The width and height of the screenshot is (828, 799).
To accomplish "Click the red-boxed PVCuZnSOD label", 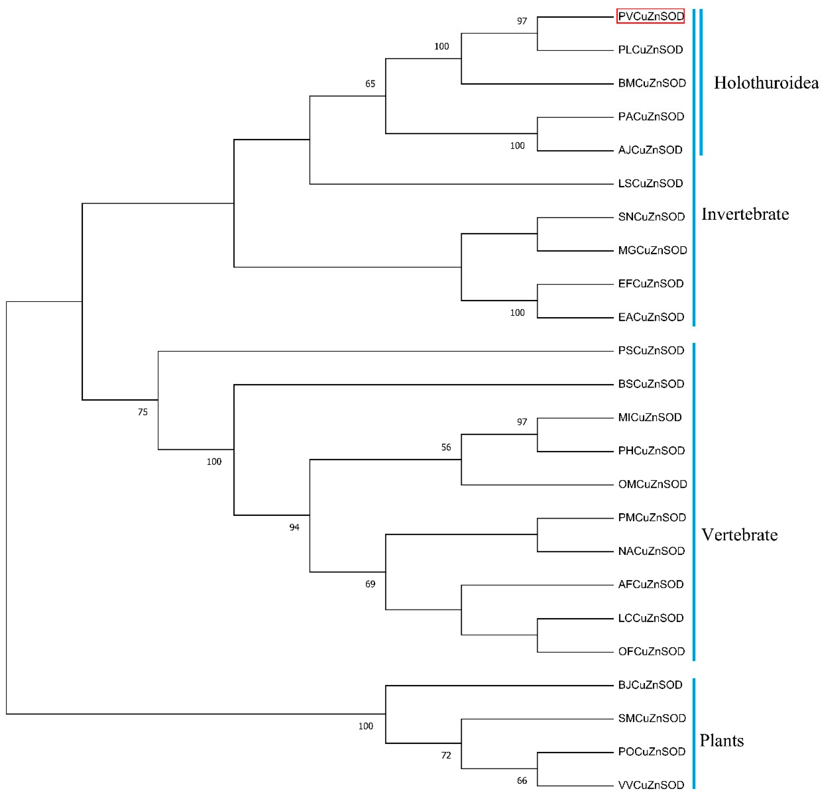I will [x=650, y=17].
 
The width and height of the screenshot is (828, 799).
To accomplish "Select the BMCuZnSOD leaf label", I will [x=652, y=83].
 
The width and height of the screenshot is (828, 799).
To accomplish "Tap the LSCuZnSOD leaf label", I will [x=651, y=183].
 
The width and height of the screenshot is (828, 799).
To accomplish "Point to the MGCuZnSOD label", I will [x=652, y=251].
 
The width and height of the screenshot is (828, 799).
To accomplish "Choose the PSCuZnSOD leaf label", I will [x=651, y=351].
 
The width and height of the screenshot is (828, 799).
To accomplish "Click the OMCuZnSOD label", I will [x=652, y=484].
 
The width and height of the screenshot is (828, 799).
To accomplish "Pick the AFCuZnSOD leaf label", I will [x=651, y=584].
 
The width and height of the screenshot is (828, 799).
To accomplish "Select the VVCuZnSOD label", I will [x=651, y=785].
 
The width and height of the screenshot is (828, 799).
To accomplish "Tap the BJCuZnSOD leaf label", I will [x=650, y=685].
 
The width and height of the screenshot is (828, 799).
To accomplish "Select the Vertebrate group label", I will [x=739, y=535].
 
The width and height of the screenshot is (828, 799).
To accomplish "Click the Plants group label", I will [x=722, y=741].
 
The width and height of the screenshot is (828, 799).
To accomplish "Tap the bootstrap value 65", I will [x=370, y=84].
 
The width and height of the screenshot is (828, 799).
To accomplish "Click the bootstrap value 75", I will [x=143, y=412].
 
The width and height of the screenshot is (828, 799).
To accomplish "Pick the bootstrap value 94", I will [x=294, y=527].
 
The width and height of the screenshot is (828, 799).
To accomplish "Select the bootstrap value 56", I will [x=446, y=447].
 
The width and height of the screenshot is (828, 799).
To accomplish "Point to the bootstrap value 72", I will [x=446, y=756].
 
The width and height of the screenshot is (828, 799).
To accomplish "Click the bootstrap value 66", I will [x=522, y=781].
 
